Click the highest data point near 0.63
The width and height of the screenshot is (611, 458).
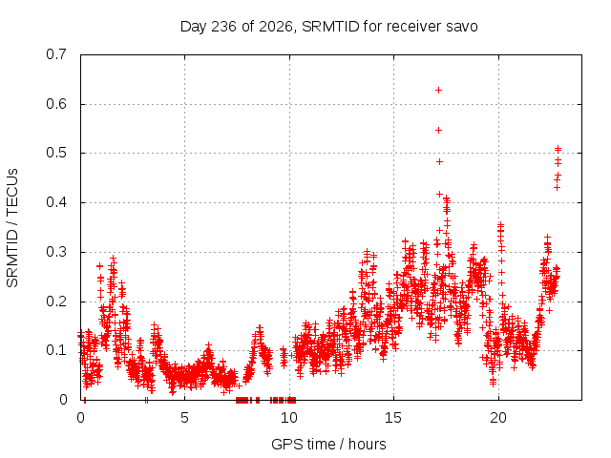click(x=438, y=91)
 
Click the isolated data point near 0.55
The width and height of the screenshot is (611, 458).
click(x=438, y=130)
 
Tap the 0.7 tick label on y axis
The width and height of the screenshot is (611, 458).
click(x=56, y=54)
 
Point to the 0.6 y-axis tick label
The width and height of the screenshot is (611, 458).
click(x=56, y=104)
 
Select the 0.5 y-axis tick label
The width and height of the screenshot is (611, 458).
click(x=56, y=153)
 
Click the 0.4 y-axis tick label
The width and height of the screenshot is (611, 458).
click(x=56, y=202)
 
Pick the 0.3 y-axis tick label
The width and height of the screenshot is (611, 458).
click(x=56, y=252)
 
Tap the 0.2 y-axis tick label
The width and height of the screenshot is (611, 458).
click(x=56, y=302)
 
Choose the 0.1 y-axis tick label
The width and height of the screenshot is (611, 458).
click(x=56, y=350)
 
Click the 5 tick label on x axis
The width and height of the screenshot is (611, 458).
click(x=184, y=418)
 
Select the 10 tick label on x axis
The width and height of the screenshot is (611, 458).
click(x=289, y=418)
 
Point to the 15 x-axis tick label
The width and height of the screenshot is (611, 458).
click(x=393, y=418)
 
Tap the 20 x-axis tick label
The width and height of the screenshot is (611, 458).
click(x=498, y=418)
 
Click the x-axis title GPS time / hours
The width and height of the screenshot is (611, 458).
click(x=328, y=445)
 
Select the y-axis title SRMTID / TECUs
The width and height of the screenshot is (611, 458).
click(x=12, y=228)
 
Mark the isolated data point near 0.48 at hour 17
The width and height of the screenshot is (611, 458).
click(x=439, y=161)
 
